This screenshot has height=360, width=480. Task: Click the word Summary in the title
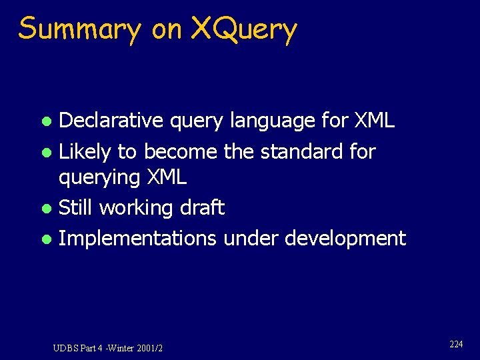[x=80, y=30]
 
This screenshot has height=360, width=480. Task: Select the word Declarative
[x=111, y=121]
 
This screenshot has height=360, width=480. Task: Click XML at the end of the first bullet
[x=374, y=121]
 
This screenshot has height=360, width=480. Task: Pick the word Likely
[x=85, y=153]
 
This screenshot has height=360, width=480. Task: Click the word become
[x=180, y=151]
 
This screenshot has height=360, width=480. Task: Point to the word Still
[x=75, y=207]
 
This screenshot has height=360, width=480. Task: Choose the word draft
[x=202, y=207]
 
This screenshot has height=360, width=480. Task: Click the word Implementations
[x=137, y=239]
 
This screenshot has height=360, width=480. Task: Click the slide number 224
[x=456, y=344]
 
